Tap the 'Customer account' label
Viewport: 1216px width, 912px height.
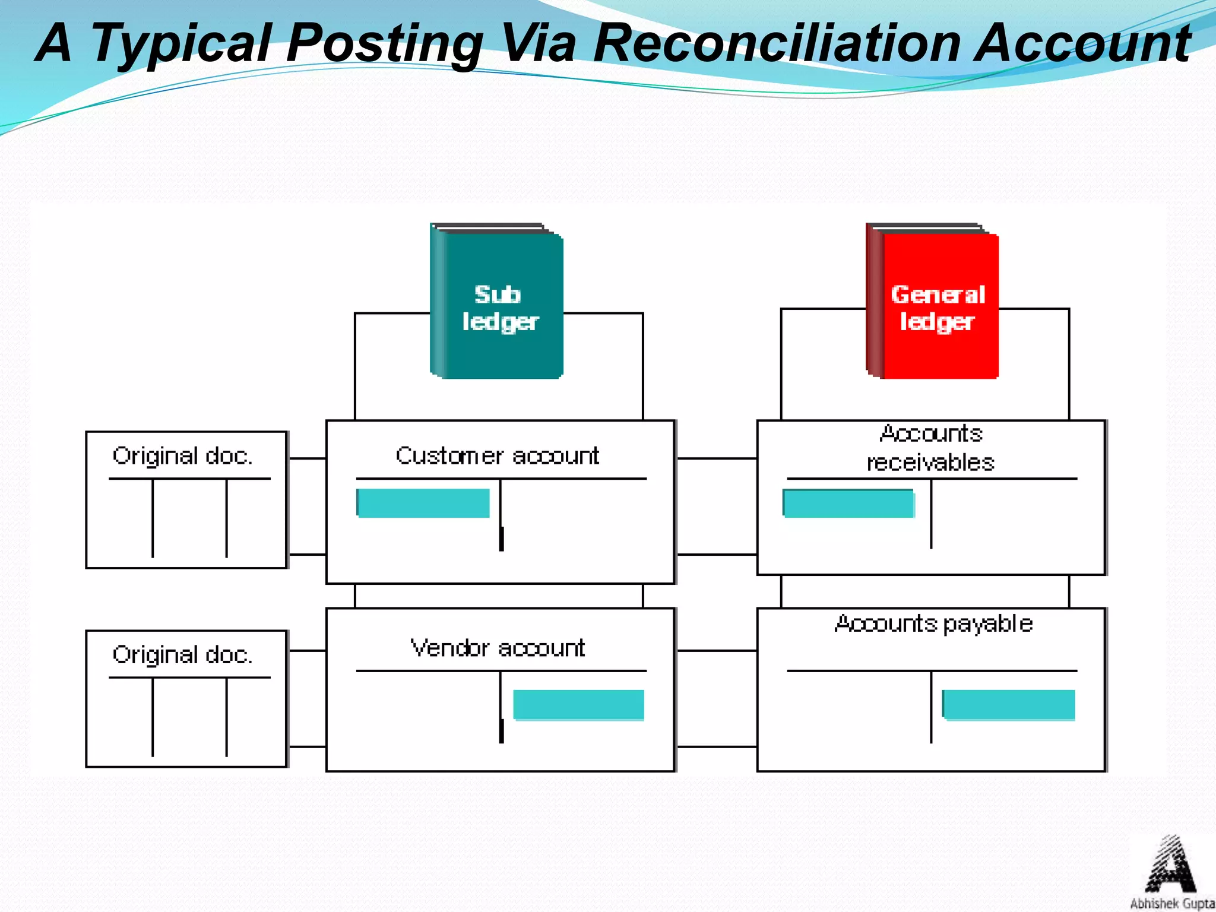coord(498,456)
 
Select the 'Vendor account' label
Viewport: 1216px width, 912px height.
coord(498,648)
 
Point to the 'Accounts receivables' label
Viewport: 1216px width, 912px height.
coord(931,448)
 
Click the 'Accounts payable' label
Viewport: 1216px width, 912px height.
coord(933,623)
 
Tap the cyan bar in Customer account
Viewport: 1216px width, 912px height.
coord(423,503)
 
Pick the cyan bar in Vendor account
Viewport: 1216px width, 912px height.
coord(578,705)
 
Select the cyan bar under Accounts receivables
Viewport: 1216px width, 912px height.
coord(848,503)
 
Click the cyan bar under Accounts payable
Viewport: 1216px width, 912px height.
coord(1009,705)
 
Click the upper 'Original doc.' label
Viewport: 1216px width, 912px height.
coord(183,456)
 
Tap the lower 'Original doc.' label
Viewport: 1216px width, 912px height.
coord(183,655)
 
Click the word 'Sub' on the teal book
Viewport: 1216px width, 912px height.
coord(498,294)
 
